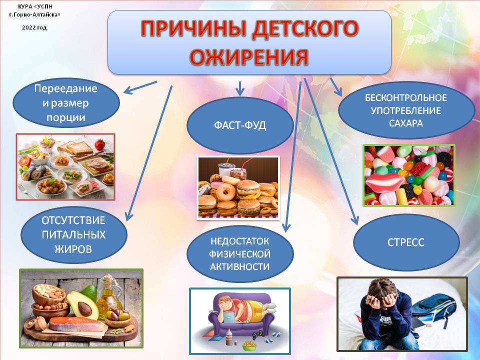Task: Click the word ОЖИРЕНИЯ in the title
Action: (249, 56)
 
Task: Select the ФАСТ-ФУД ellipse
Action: (240, 125)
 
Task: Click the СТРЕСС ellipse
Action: (406, 242)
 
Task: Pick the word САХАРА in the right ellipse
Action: (406, 123)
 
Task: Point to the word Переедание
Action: (65, 88)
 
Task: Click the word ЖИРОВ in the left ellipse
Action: (73, 249)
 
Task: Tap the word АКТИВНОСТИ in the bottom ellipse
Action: (239, 266)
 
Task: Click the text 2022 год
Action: (34, 27)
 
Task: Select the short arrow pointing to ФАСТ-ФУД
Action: (240, 88)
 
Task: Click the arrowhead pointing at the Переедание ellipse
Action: (128, 90)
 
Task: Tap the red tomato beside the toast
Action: (100, 144)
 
